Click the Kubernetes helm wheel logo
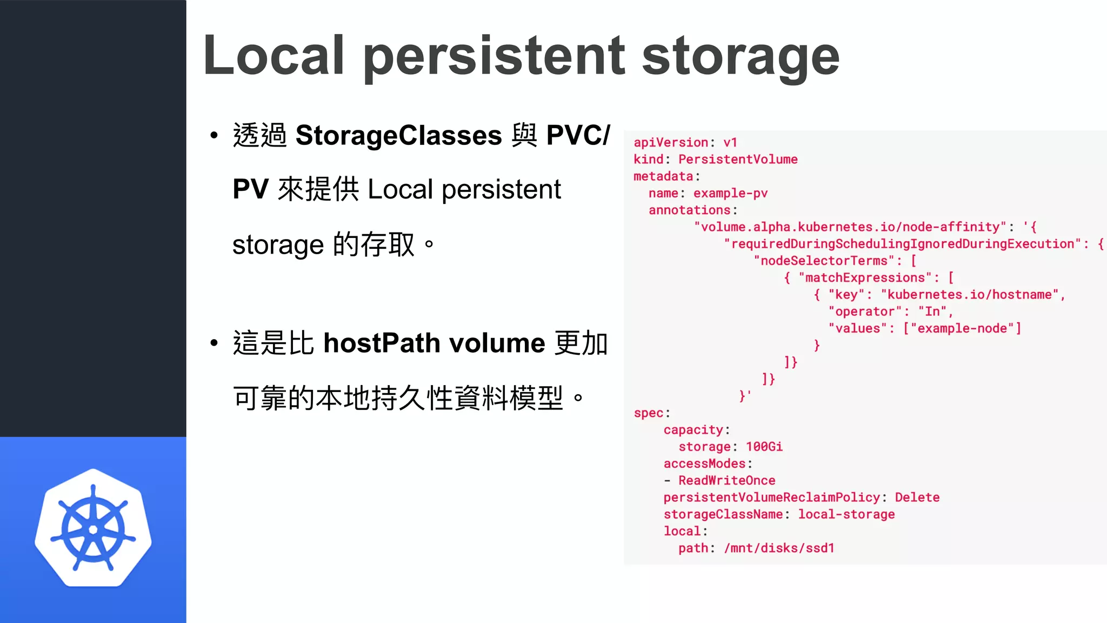pos(93,528)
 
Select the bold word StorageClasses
pos(399,135)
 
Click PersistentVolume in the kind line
pos(738,160)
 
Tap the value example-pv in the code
pos(730,193)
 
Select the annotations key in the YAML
pos(690,210)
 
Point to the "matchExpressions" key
pos(865,278)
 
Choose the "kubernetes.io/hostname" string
pos(970,295)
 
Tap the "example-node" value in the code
pos(962,328)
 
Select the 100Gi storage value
pos(764,447)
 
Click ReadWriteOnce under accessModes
pos(726,480)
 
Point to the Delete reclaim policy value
pos(917,498)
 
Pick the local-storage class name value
pos(846,514)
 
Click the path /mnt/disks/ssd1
pos(779,548)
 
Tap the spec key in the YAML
pos(649,413)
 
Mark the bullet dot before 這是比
pos(214,343)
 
